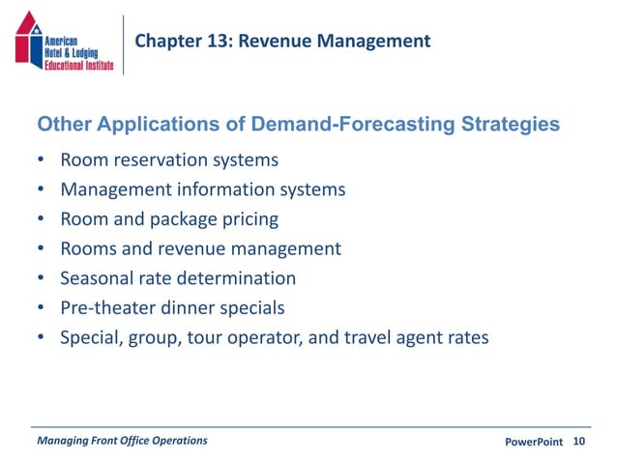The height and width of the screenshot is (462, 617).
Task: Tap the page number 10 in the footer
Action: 579,442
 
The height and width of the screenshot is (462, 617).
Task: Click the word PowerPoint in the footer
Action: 534,442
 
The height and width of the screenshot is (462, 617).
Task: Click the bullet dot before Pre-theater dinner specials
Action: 41,309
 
